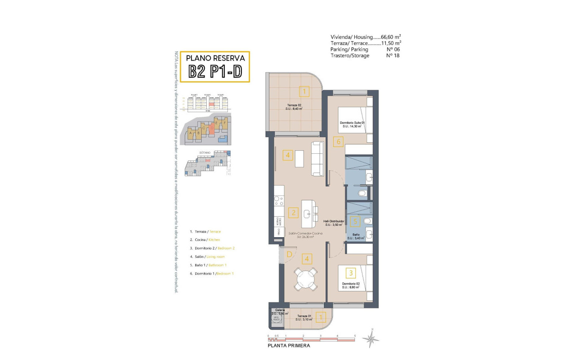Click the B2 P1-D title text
click(x=215, y=71)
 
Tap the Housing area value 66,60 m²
click(x=390, y=37)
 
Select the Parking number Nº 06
click(x=393, y=50)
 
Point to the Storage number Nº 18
click(x=393, y=55)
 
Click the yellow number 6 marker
click(x=338, y=142)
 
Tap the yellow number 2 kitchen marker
click(x=292, y=213)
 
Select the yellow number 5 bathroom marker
click(x=356, y=221)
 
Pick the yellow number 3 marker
click(x=350, y=273)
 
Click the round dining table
click(x=306, y=279)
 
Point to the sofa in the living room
click(x=318, y=158)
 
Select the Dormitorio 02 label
click(x=349, y=285)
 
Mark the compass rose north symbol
click(x=371, y=338)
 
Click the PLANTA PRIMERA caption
click(x=289, y=346)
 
